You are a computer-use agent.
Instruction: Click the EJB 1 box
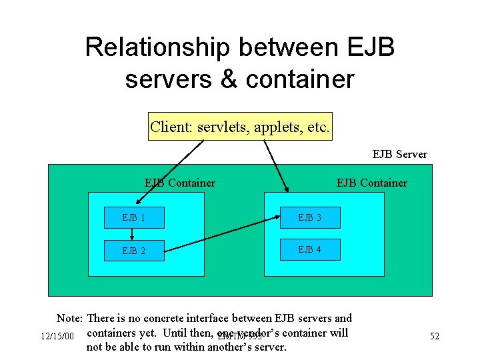[134, 217]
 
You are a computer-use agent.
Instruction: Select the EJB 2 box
[134, 251]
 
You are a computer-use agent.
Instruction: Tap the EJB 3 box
[310, 217]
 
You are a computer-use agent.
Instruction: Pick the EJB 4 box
[310, 249]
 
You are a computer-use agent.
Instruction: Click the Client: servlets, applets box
[240, 127]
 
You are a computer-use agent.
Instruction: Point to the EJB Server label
[399, 154]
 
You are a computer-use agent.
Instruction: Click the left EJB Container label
[180, 183]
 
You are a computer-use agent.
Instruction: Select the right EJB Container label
[371, 183]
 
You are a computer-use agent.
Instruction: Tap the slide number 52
[434, 337]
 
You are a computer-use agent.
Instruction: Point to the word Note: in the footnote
[69, 319]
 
